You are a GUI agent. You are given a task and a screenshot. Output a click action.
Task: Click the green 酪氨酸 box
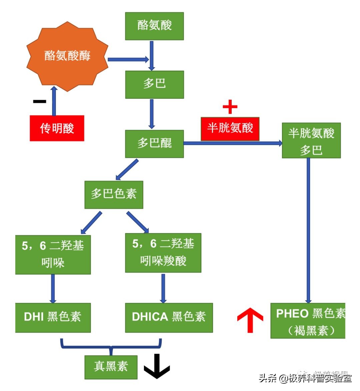pyautogui.click(x=154, y=26)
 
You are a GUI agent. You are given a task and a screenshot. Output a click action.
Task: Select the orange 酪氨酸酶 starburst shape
pyautogui.click(x=67, y=56)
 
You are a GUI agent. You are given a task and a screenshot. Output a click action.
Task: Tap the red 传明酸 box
pyautogui.click(x=57, y=128)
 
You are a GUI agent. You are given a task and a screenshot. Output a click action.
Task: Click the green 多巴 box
pyautogui.click(x=154, y=84)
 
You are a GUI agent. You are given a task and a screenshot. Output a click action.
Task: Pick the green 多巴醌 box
pyautogui.click(x=154, y=143)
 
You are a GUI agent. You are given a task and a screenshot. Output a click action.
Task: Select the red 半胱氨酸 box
pyautogui.click(x=230, y=128)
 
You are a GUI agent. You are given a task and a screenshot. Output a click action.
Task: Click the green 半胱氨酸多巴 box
pyautogui.click(x=311, y=140)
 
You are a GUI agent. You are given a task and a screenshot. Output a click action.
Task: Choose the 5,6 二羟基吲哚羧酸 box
pyautogui.click(x=163, y=253)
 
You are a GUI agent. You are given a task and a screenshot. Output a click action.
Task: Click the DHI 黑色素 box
pyautogui.click(x=53, y=317)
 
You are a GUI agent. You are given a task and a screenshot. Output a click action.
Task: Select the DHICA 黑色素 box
pyautogui.click(x=169, y=317)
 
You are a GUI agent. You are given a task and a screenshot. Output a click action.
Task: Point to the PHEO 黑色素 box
pyautogui.click(x=308, y=321)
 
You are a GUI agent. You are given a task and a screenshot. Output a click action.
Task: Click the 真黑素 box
pyautogui.click(x=111, y=367)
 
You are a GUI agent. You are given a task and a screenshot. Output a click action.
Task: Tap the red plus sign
pyautogui.click(x=230, y=107)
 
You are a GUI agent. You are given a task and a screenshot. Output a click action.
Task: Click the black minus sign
pyautogui.click(x=40, y=101)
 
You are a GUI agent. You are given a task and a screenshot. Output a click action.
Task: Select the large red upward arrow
pyautogui.click(x=250, y=320)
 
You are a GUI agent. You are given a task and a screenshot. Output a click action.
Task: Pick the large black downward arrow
pyautogui.click(x=157, y=366)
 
